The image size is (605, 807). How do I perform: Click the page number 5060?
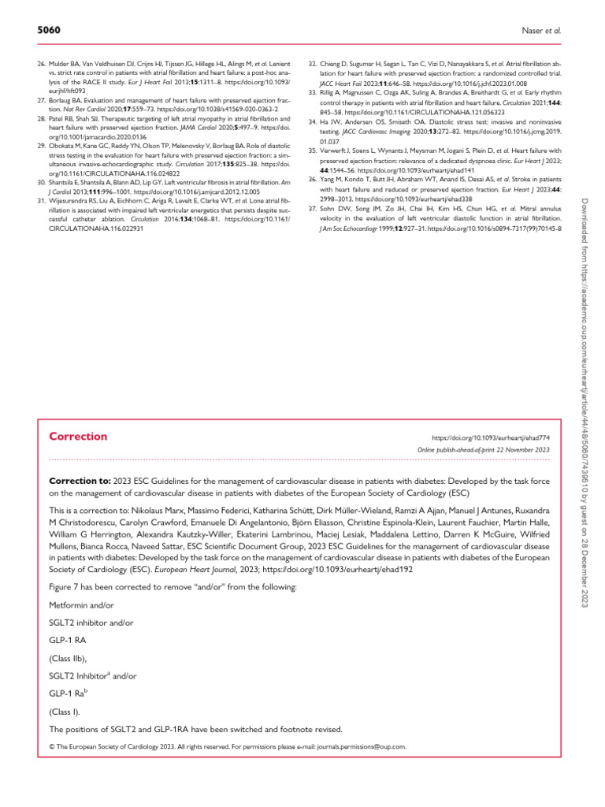point(49,30)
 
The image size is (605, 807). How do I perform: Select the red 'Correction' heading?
point(78,436)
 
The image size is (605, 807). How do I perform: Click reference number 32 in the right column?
point(312,61)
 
